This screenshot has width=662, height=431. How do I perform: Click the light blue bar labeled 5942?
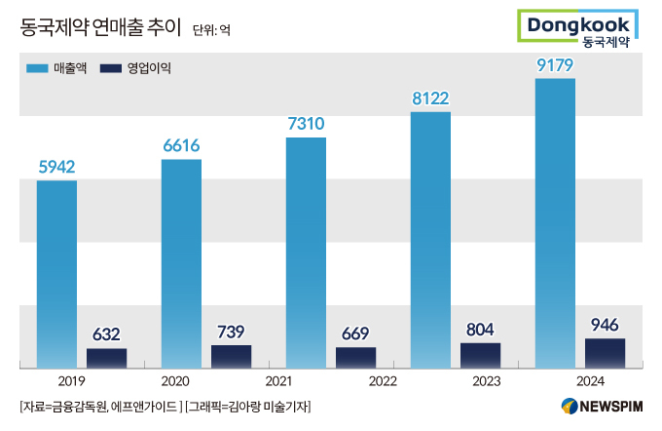(x=56, y=273)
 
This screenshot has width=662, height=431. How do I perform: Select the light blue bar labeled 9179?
(x=555, y=222)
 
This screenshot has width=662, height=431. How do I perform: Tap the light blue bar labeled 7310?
(x=306, y=252)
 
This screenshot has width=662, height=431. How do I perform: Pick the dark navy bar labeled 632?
(x=106, y=358)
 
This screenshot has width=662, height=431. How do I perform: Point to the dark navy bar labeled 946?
(x=605, y=353)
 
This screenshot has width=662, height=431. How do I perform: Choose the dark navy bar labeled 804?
(x=480, y=355)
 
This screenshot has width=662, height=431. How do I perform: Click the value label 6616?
(x=181, y=145)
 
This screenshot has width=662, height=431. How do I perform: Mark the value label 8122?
(x=430, y=98)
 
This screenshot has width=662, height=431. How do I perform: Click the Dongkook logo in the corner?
(x=580, y=27)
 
